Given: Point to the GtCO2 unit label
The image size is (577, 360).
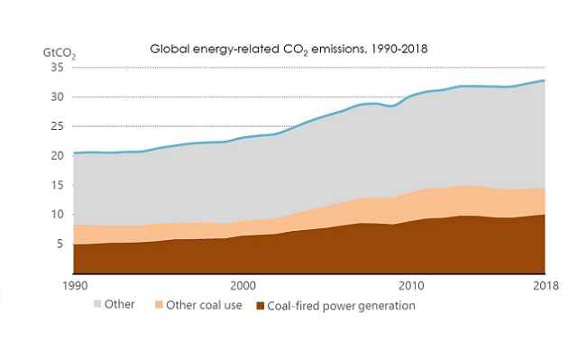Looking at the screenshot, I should pos(60,52).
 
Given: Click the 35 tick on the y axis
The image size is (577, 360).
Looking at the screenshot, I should pos(59,68).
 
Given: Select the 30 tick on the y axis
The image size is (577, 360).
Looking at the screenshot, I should pos(59,97).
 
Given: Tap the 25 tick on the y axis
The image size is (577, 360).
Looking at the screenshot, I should pos(59,126).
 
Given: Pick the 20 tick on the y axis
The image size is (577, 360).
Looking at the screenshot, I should pos(59,156).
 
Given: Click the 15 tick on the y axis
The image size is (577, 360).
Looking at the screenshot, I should pos(59,186).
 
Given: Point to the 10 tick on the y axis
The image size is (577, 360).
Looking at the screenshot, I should pos(59,215).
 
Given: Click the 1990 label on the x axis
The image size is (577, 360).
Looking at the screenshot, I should pos(75,285).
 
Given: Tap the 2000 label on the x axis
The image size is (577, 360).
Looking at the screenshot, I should pos(243,285).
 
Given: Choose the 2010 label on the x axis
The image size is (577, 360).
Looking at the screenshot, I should pos(411,285).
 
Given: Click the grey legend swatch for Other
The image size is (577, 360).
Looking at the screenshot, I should pos(96,305).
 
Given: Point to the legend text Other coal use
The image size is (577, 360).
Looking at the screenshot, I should pos(209,306).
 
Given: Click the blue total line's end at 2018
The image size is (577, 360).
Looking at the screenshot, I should pos(545,81).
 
